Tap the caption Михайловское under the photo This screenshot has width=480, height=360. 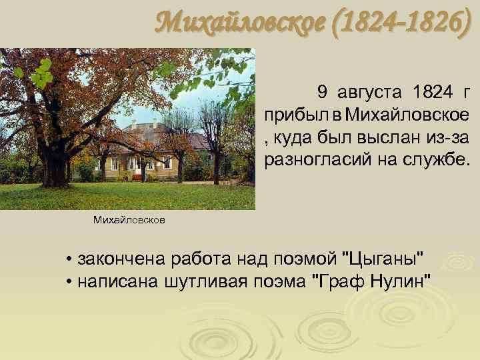point(129,219)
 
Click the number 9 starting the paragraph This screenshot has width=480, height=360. point(323,91)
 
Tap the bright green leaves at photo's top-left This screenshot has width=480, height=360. point(40,73)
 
